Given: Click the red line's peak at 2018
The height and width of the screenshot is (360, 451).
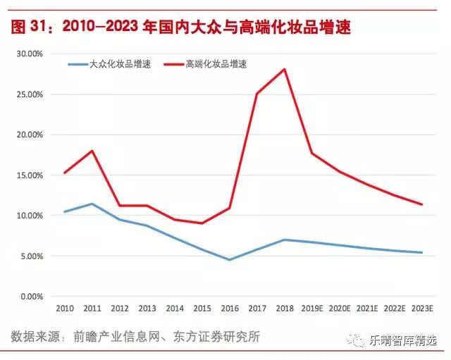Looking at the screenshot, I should pyautogui.click(x=284, y=69).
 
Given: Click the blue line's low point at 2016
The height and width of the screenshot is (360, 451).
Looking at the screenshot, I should pyautogui.click(x=229, y=259).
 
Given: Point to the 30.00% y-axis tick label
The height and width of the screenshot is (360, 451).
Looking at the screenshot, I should pyautogui.click(x=30, y=54).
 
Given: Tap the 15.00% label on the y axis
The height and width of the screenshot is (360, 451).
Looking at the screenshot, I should pyautogui.click(x=30, y=175).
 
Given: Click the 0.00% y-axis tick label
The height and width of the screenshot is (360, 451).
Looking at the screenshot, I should pyautogui.click(x=32, y=297).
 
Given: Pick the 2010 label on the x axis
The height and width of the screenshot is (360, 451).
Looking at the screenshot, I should pyautogui.click(x=64, y=309).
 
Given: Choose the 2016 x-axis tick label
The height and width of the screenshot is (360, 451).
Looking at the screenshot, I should pyautogui.click(x=229, y=309).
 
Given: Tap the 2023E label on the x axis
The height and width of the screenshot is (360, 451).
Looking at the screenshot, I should pyautogui.click(x=421, y=309).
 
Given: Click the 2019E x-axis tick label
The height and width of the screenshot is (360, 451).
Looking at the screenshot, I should pyautogui.click(x=311, y=309).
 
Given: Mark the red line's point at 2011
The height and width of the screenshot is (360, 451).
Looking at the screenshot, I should pyautogui.click(x=92, y=151).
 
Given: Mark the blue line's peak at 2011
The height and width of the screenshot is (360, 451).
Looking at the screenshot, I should pyautogui.click(x=92, y=204).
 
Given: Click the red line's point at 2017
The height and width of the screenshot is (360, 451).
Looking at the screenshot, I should pyautogui.click(x=257, y=94).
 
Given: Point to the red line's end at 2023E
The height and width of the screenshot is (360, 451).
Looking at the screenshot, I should pyautogui.click(x=421, y=204).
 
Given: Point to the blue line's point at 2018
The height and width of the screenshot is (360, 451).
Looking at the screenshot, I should pyautogui.click(x=284, y=240).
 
